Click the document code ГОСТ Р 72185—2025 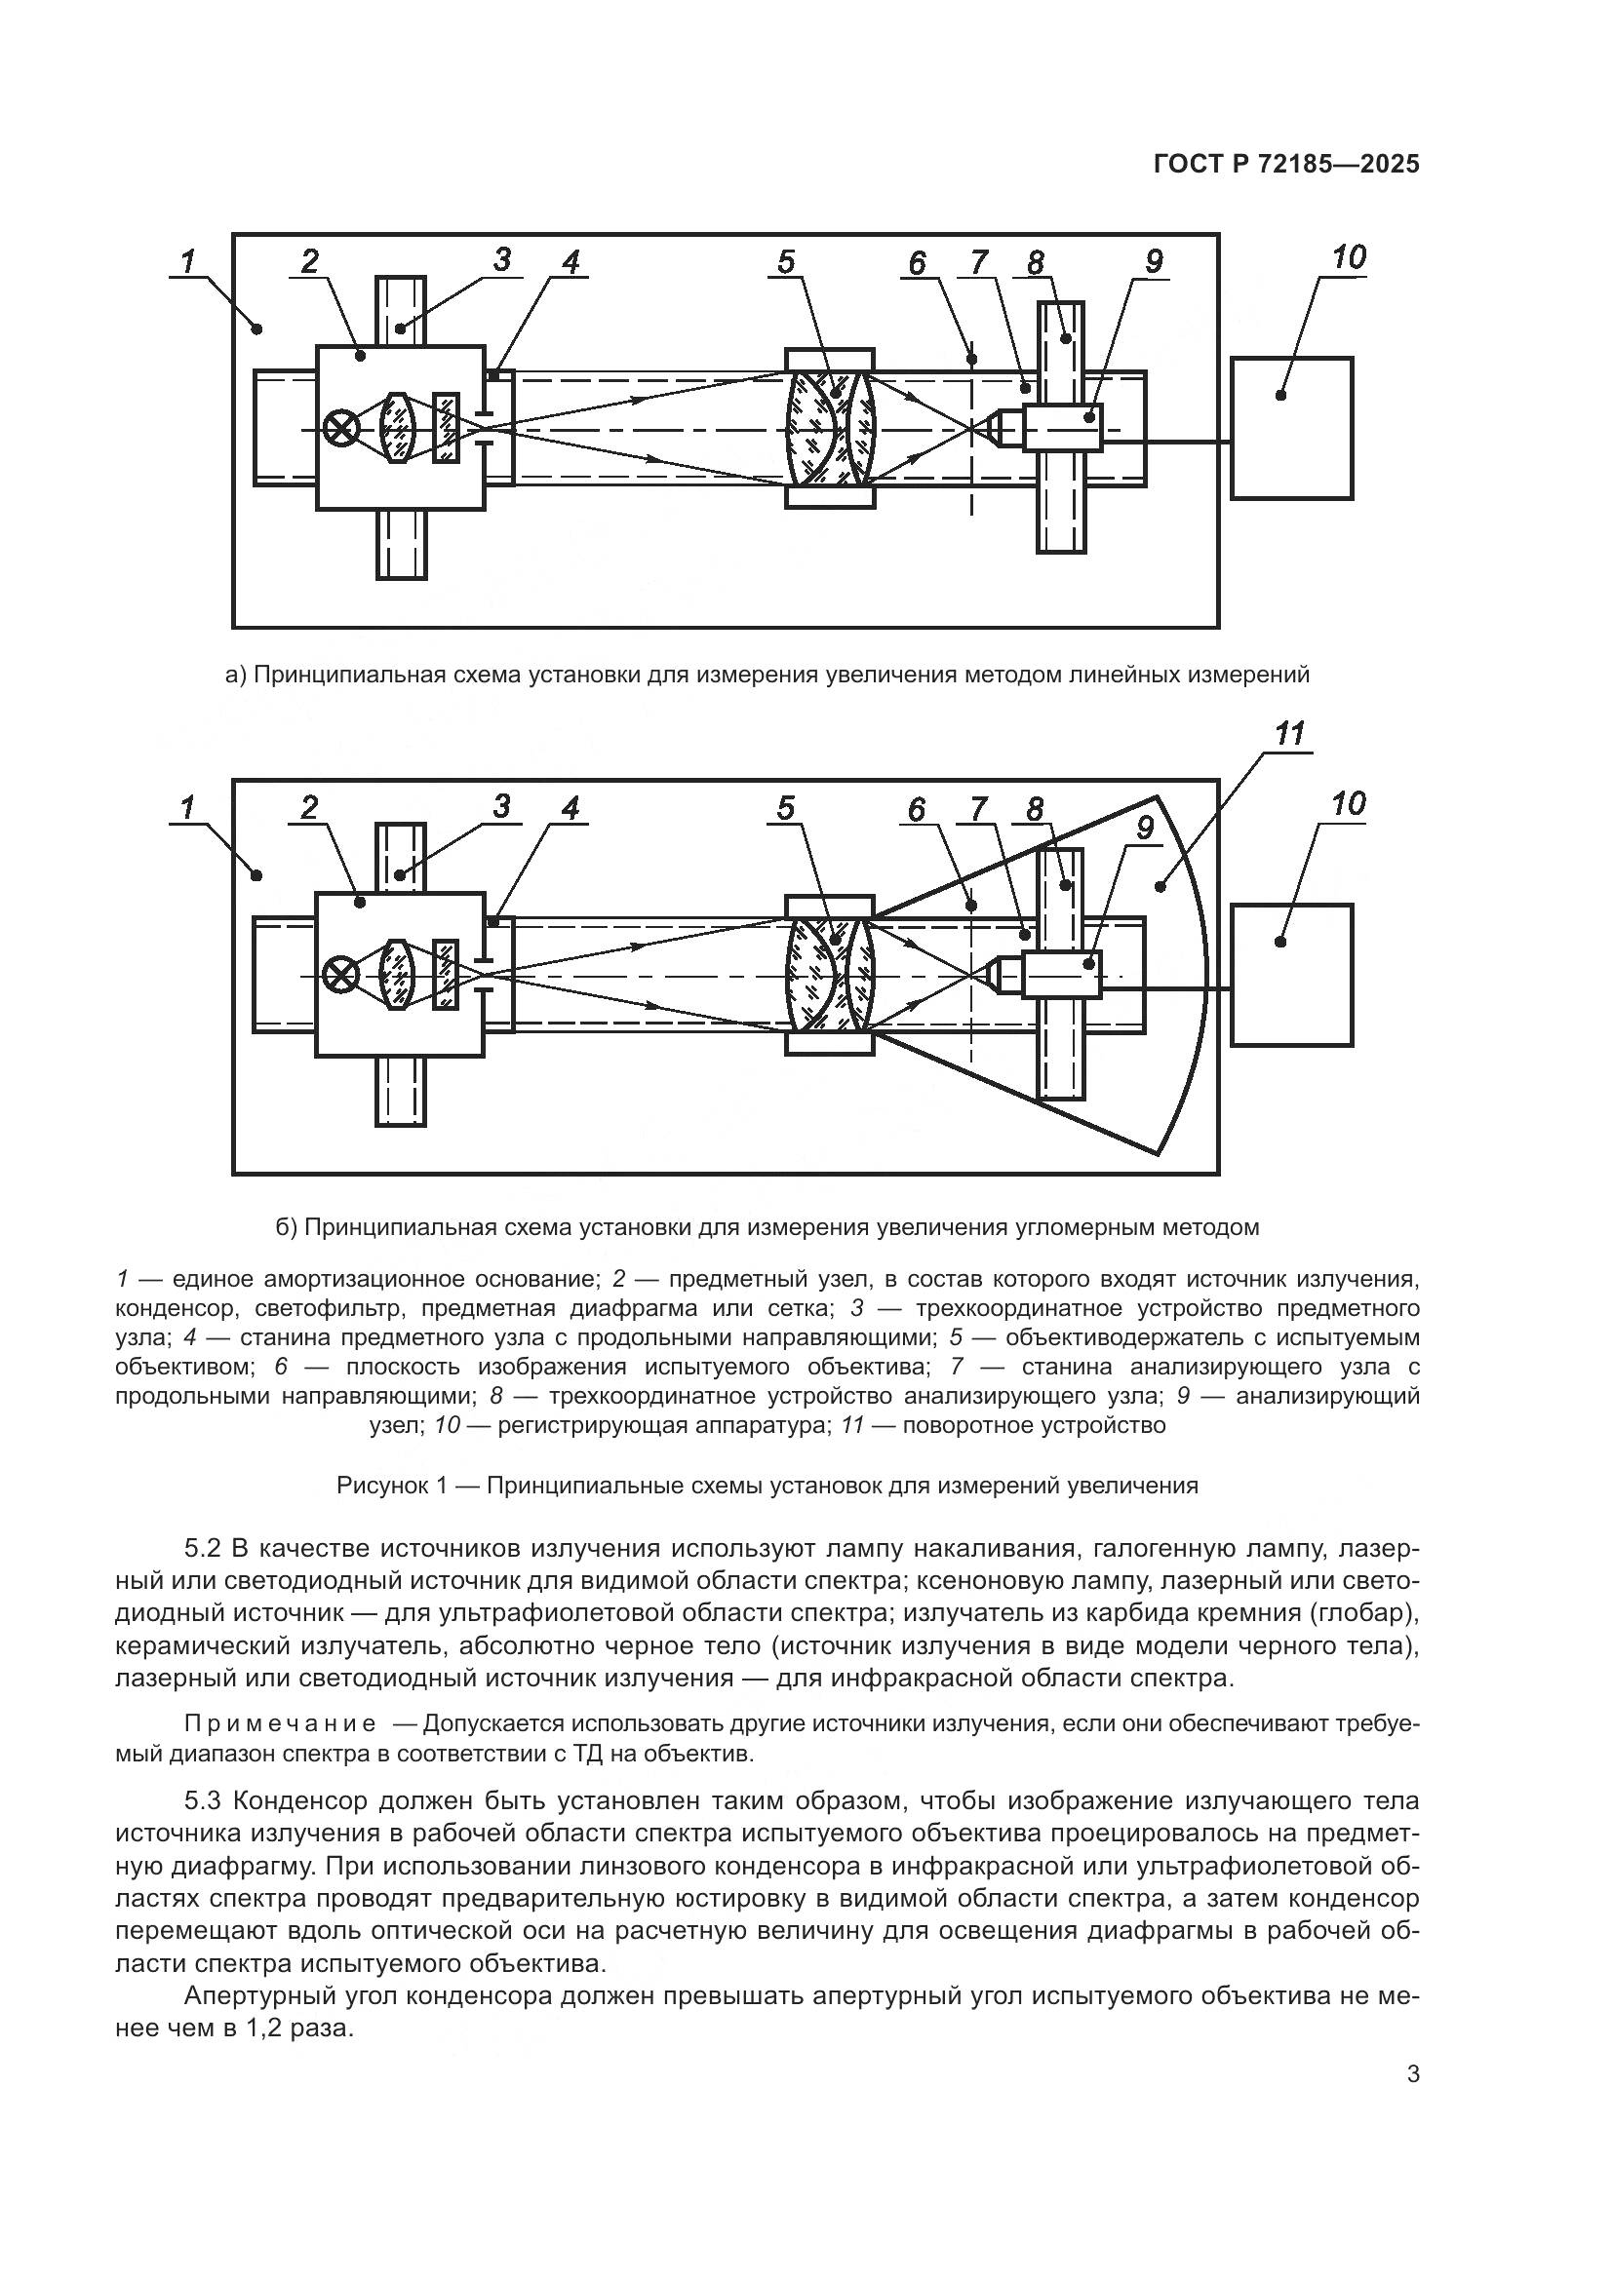click(x=1286, y=165)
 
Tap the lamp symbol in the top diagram click(x=341, y=430)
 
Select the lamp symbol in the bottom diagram click(x=341, y=976)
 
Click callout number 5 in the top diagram click(x=786, y=262)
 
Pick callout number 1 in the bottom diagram click(x=186, y=807)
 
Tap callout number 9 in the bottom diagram click(x=1144, y=828)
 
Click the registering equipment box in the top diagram click(x=1291, y=428)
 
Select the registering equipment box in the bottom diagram click(x=1291, y=974)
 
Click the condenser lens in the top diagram click(x=398, y=428)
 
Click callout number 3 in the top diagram click(x=500, y=259)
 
